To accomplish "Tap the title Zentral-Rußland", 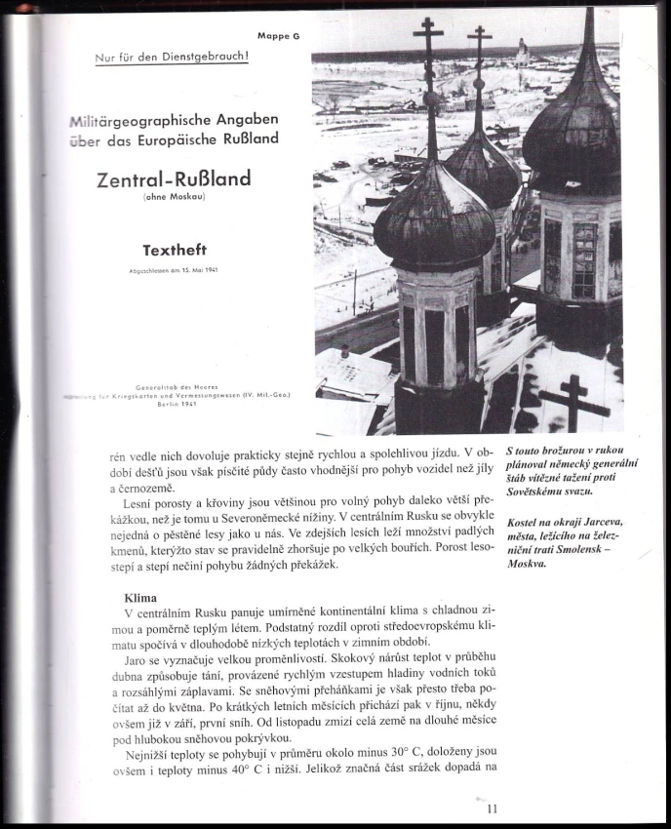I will coord(174,179).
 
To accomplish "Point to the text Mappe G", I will coord(279,35).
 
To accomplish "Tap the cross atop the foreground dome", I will coord(428,59).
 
